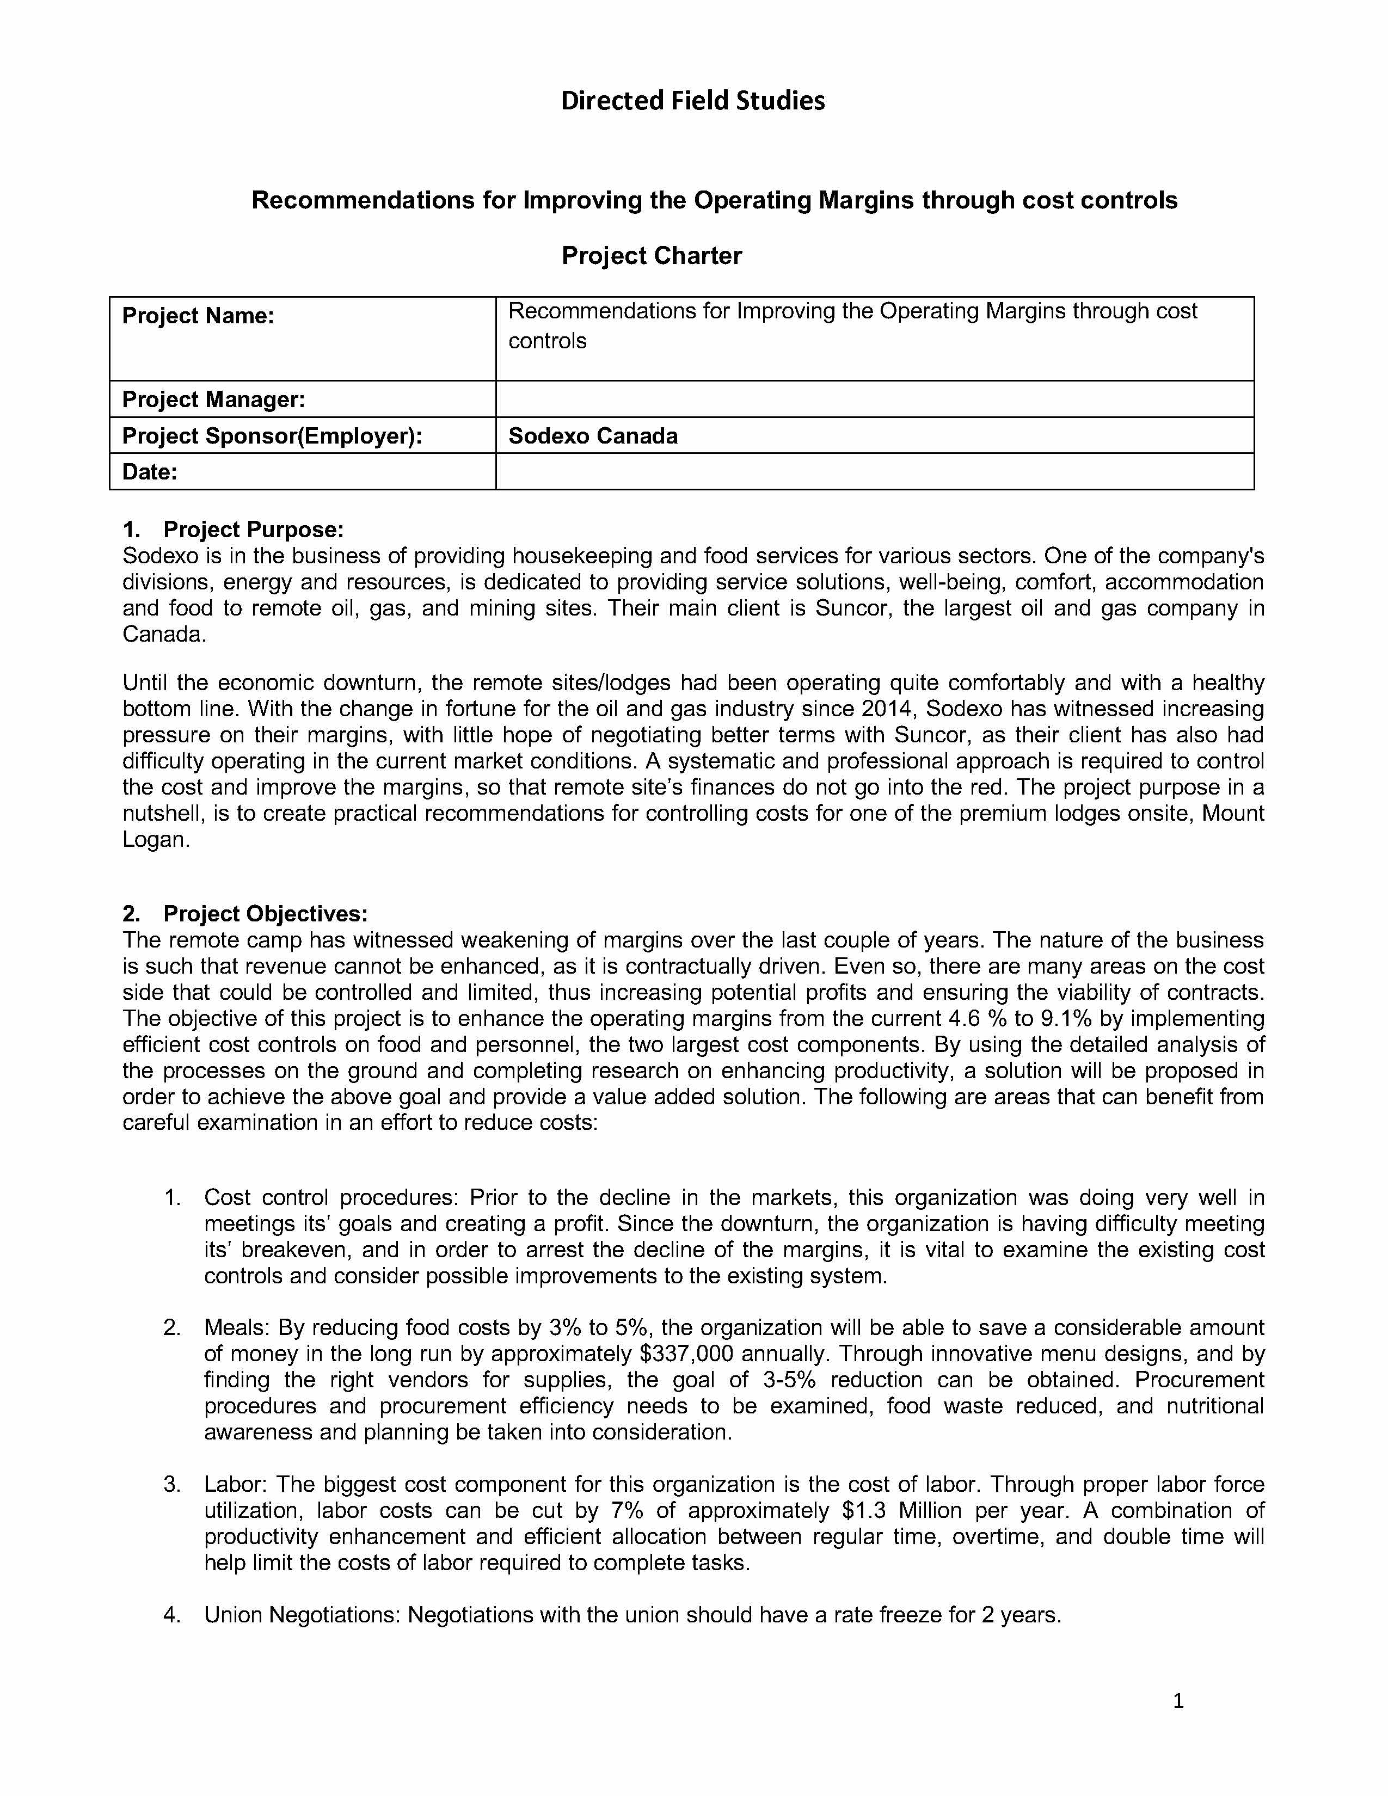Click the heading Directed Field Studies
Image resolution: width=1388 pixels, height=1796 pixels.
pyautogui.click(x=692, y=100)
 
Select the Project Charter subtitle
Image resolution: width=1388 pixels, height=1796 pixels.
pyautogui.click(x=651, y=256)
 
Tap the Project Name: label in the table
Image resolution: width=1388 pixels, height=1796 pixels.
pyautogui.click(x=198, y=316)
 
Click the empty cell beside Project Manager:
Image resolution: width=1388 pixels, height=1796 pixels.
pyautogui.click(x=874, y=399)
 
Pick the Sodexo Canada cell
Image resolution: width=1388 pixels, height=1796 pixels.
pyautogui.click(x=593, y=436)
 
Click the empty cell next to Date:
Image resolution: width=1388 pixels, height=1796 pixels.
pyautogui.click(x=874, y=472)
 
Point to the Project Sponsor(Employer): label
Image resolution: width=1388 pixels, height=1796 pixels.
pyautogui.click(x=272, y=436)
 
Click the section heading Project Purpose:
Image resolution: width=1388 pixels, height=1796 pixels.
pyautogui.click(x=253, y=530)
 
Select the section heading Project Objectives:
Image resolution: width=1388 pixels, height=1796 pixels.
pyautogui.click(x=265, y=914)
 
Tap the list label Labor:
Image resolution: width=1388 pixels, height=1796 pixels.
pyautogui.click(x=235, y=1484)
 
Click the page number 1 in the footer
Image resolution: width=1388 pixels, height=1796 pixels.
pyautogui.click(x=1177, y=1701)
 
